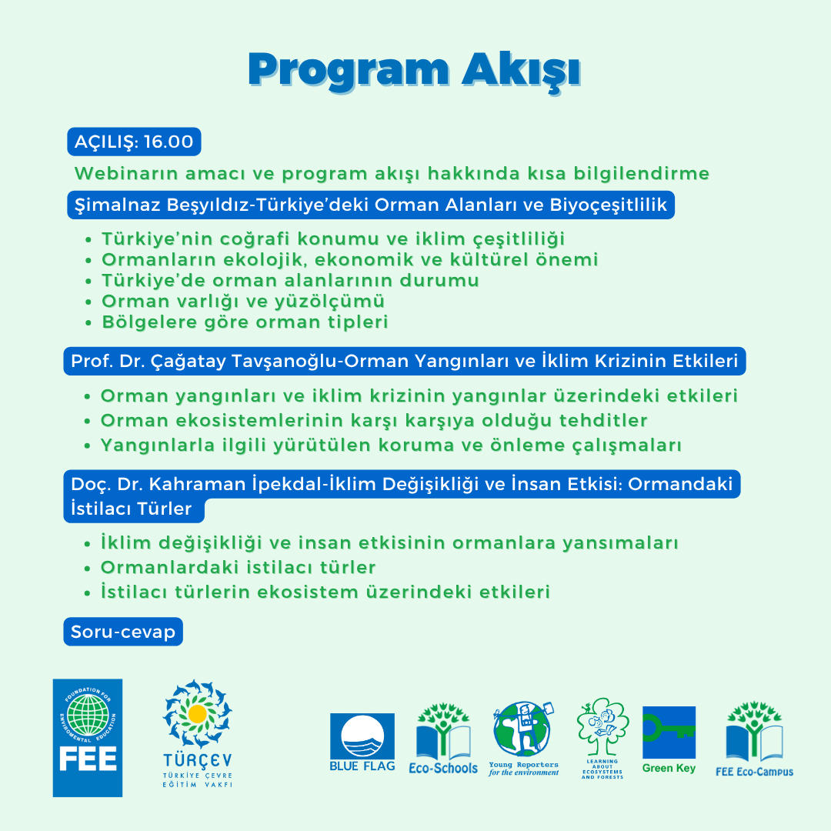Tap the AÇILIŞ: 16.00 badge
click(134, 142)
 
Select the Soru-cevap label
click(123, 632)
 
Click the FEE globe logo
click(87, 737)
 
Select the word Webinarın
click(121, 174)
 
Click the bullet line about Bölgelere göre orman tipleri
click(245, 322)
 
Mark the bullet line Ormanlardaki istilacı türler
click(238, 568)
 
